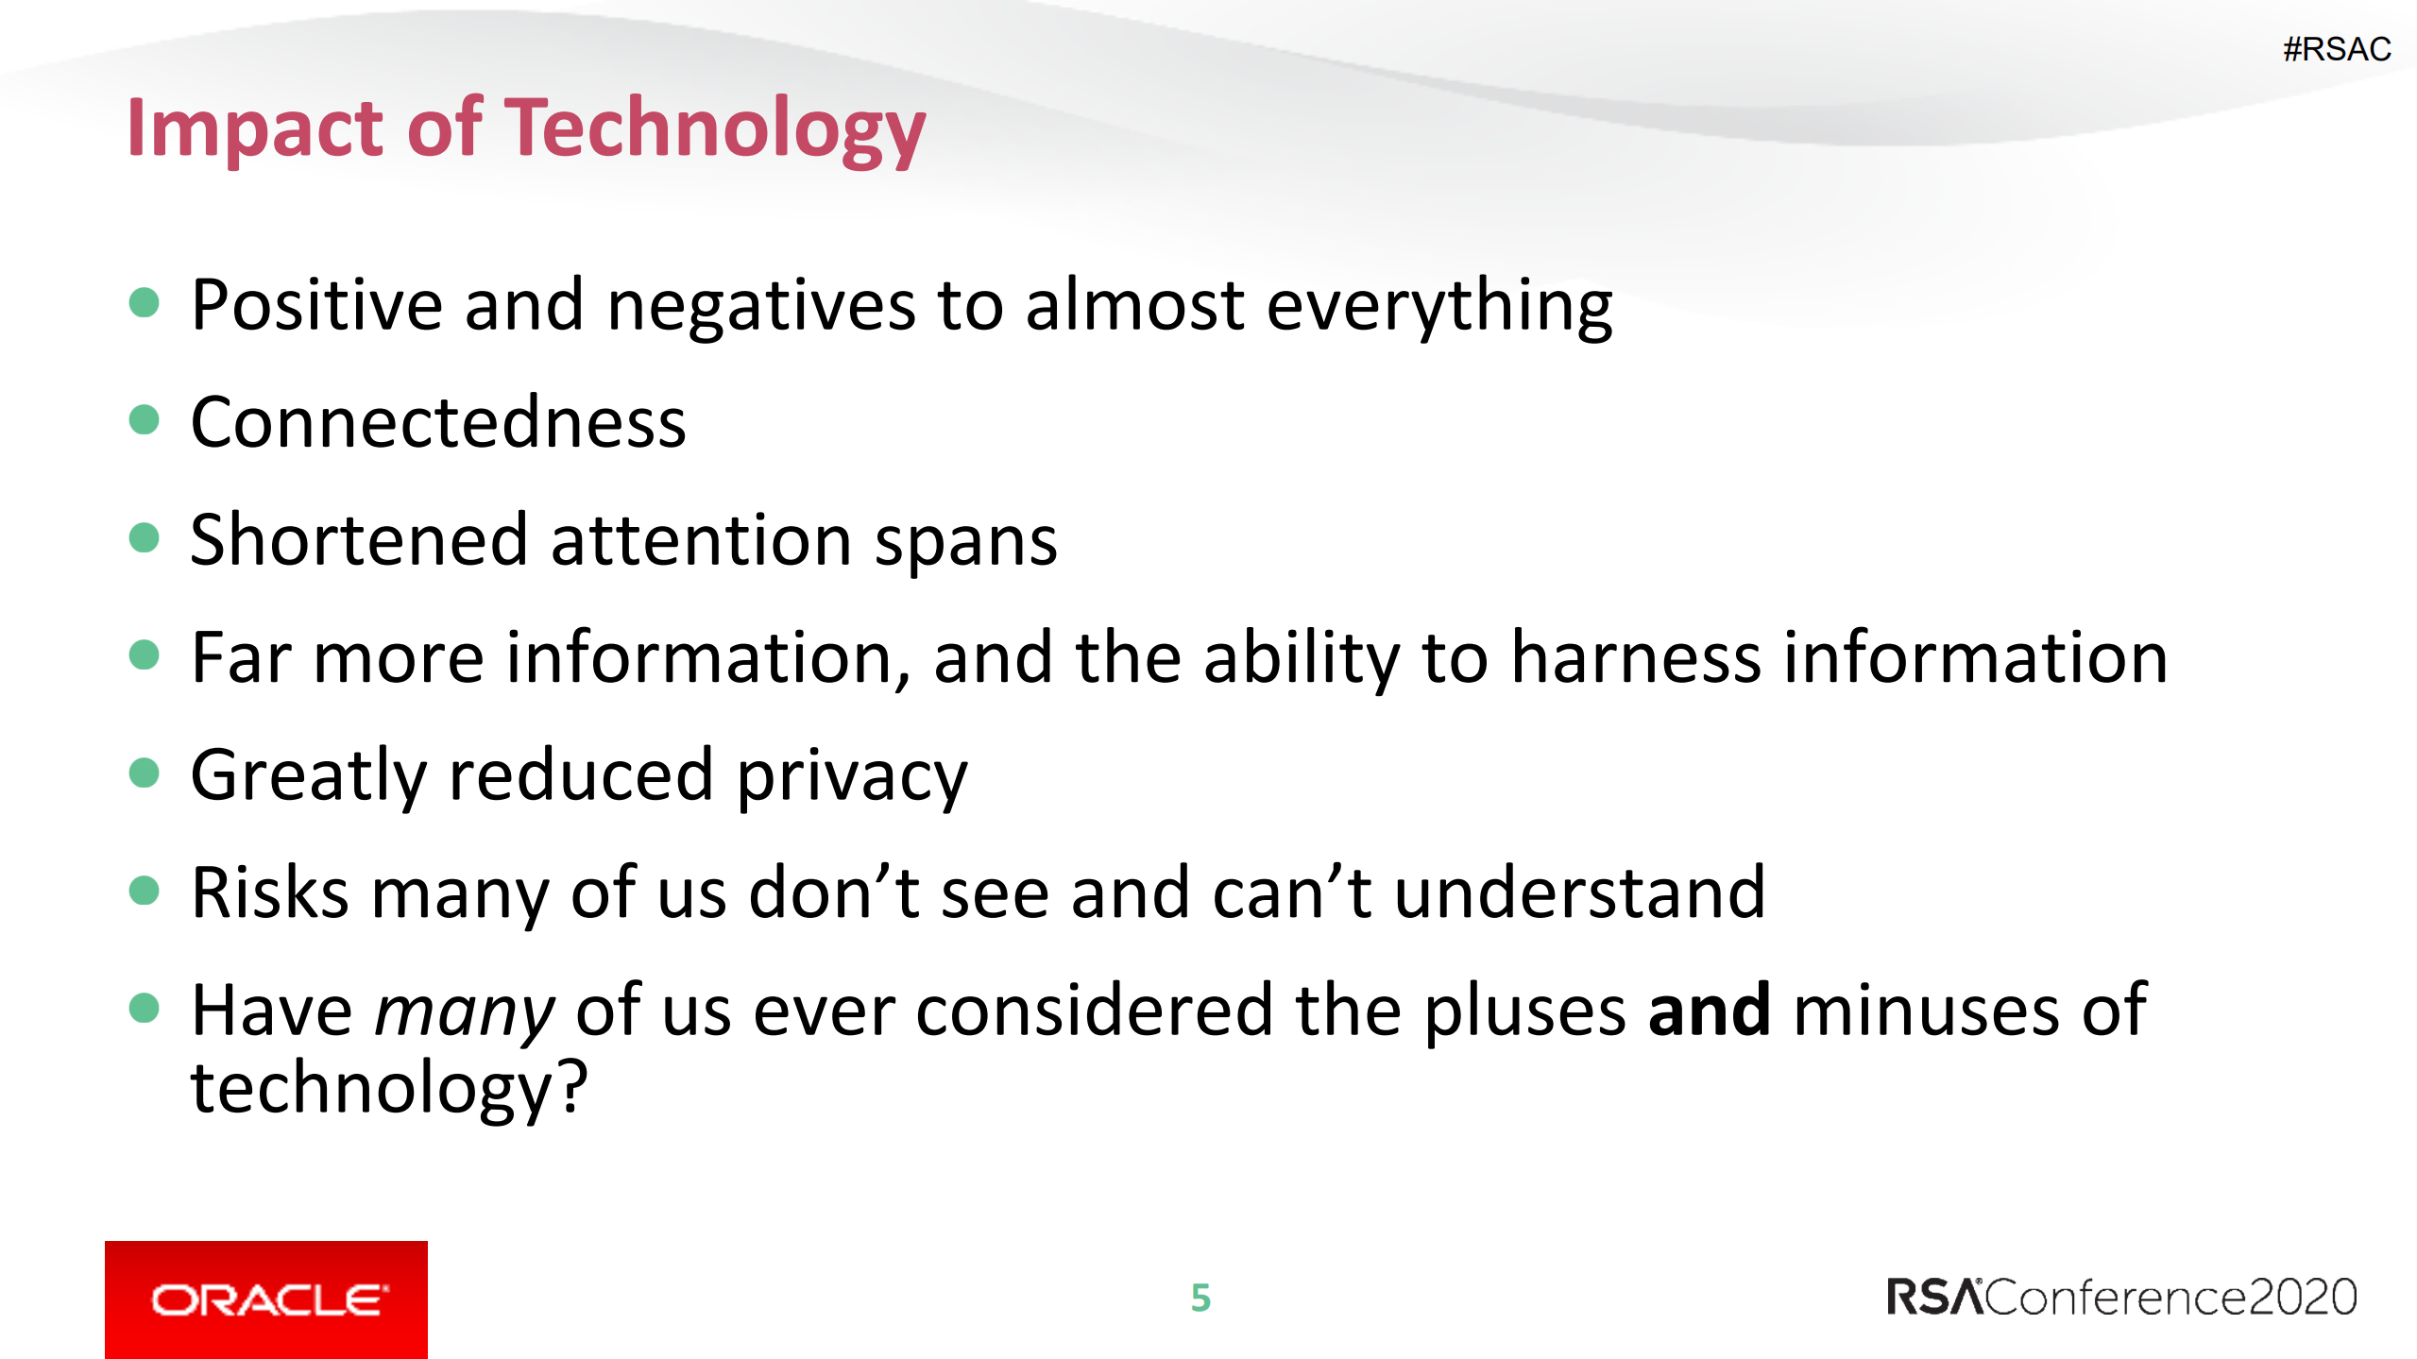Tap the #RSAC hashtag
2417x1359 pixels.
pyautogui.click(x=2337, y=49)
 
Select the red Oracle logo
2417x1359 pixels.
pyautogui.click(x=266, y=1300)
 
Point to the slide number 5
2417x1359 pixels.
pyautogui.click(x=1200, y=1299)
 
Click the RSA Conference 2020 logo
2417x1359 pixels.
pyautogui.click(x=2121, y=1297)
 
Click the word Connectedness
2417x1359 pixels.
pyautogui.click(x=438, y=422)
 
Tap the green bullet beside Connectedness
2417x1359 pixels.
pyautogui.click(x=144, y=419)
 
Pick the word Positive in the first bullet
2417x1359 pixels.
pyautogui.click(x=316, y=305)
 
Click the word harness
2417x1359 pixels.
pyautogui.click(x=1636, y=658)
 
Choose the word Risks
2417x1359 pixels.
pyautogui.click(x=270, y=892)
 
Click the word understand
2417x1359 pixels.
pyautogui.click(x=1580, y=892)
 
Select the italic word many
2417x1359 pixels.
pyautogui.click(x=466, y=1013)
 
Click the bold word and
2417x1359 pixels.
pyautogui.click(x=1710, y=1010)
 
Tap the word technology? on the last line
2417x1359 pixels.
pyautogui.click(x=389, y=1089)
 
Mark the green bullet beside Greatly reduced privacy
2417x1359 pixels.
pyautogui.click(x=144, y=773)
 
